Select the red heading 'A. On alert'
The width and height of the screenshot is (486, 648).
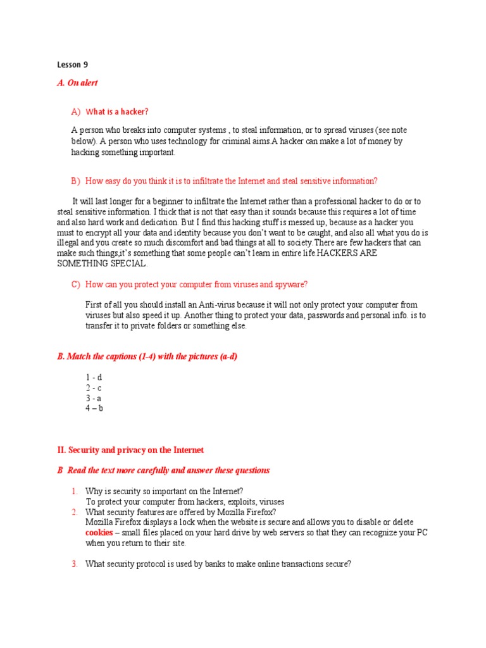point(77,83)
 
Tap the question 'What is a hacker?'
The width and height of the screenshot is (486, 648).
point(117,112)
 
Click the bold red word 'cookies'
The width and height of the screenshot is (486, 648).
point(99,533)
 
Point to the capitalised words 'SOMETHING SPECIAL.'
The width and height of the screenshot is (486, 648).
point(102,263)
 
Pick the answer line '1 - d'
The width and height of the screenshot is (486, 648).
point(94,377)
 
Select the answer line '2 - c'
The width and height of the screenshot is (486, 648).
point(94,387)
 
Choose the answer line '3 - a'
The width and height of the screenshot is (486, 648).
point(94,398)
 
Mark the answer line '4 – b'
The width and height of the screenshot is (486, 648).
point(94,408)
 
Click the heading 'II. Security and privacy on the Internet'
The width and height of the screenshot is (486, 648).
point(130,450)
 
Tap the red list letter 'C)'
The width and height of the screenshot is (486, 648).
point(75,284)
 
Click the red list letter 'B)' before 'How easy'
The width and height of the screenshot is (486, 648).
point(75,181)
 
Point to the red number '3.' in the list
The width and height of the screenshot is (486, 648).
point(74,564)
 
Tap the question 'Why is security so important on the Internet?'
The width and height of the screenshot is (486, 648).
point(164,491)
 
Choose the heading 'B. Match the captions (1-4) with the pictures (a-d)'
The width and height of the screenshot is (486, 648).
point(147,357)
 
